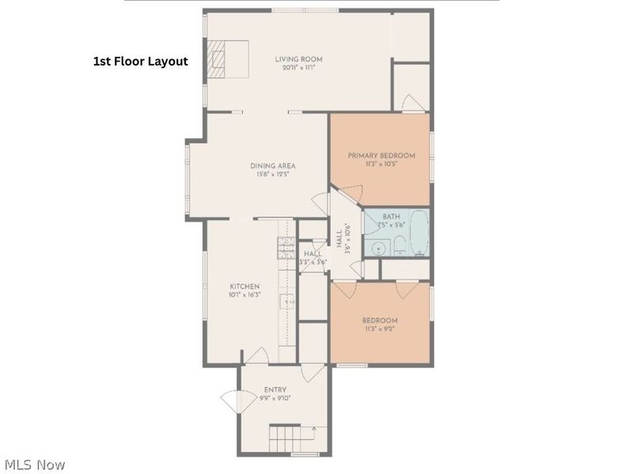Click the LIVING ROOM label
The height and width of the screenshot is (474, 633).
(x=298, y=59)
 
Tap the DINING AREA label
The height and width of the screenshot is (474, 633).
(x=273, y=166)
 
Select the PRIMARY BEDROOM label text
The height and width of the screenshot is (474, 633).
(x=381, y=156)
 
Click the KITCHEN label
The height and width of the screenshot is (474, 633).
(x=244, y=287)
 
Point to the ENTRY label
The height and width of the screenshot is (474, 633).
(x=275, y=389)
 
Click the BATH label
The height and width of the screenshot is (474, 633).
(x=391, y=216)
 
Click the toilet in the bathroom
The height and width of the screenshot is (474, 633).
(x=400, y=245)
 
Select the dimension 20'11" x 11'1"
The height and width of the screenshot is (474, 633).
(x=298, y=69)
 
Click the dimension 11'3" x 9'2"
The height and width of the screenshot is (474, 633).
(x=380, y=329)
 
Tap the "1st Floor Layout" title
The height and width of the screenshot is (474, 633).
(x=141, y=62)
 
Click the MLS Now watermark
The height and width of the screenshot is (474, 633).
(x=34, y=465)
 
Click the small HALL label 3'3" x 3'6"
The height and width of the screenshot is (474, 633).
(x=313, y=258)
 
